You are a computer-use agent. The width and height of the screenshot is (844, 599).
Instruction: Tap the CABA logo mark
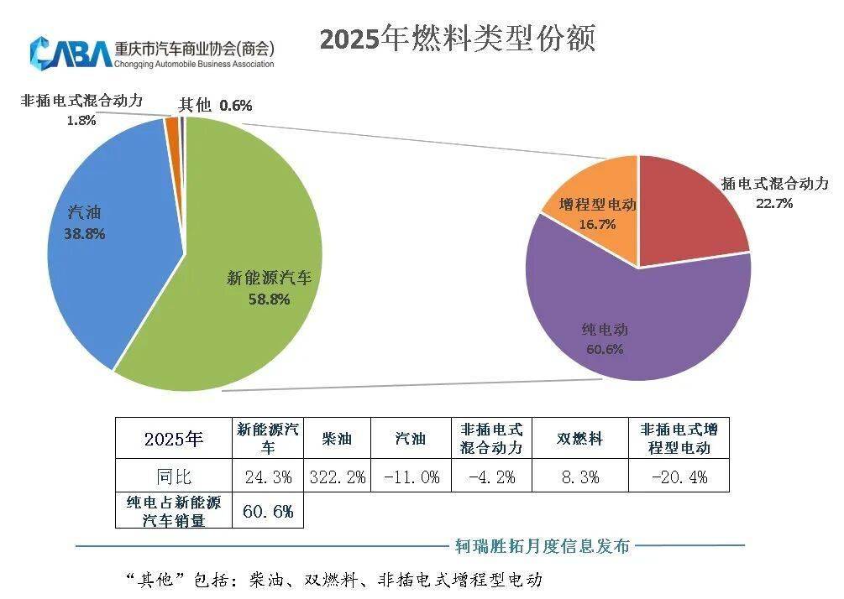(x=69, y=52)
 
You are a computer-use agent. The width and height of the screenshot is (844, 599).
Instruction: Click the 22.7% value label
(x=774, y=203)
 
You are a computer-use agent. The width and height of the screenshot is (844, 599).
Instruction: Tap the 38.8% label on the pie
(x=85, y=234)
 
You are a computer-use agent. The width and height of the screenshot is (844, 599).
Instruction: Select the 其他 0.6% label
(x=215, y=105)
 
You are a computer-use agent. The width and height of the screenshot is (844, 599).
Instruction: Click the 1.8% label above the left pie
(x=81, y=120)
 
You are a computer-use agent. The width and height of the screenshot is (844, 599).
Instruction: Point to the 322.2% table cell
(x=337, y=477)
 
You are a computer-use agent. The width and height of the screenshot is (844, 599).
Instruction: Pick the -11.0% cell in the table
(x=411, y=477)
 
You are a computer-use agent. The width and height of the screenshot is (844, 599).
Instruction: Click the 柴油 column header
(x=337, y=438)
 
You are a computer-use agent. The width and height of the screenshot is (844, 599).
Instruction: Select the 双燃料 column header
(x=580, y=438)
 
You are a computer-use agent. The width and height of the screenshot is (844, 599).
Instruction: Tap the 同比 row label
(x=174, y=477)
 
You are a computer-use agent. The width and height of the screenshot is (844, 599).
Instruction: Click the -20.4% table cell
(x=679, y=477)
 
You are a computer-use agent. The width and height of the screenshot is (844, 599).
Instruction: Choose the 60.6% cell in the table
(x=268, y=510)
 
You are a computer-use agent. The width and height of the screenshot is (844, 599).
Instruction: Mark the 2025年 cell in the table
(x=174, y=438)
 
